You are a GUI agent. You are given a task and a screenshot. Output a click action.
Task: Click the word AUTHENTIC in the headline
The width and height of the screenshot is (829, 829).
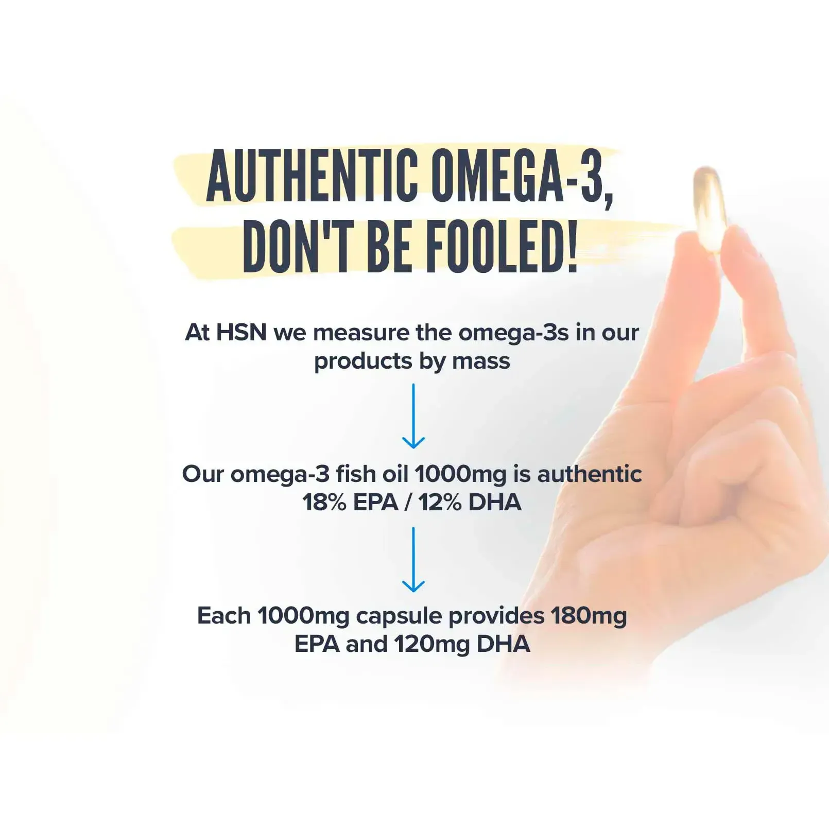[x=312, y=176]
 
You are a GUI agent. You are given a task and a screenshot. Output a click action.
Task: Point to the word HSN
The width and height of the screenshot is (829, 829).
[x=241, y=333]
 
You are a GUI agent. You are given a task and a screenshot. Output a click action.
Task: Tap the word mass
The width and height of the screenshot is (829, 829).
[x=481, y=361]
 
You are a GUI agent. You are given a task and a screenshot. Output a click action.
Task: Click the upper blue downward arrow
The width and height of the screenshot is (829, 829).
[x=413, y=416]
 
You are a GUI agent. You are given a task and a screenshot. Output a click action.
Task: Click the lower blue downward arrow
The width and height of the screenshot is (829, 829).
[x=413, y=559]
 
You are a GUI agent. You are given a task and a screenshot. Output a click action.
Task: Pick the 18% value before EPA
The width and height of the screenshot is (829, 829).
[x=324, y=503]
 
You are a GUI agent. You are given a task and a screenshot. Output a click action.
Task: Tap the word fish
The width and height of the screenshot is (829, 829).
[x=355, y=474]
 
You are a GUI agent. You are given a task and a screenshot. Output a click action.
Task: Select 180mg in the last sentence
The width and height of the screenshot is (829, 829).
[x=589, y=616]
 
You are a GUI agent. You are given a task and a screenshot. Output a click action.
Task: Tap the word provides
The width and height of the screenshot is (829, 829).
[x=497, y=616]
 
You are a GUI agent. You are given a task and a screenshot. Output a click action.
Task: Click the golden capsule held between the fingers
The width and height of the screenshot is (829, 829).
[x=709, y=209]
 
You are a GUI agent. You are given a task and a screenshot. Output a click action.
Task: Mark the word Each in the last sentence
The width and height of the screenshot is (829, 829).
[x=224, y=615]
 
